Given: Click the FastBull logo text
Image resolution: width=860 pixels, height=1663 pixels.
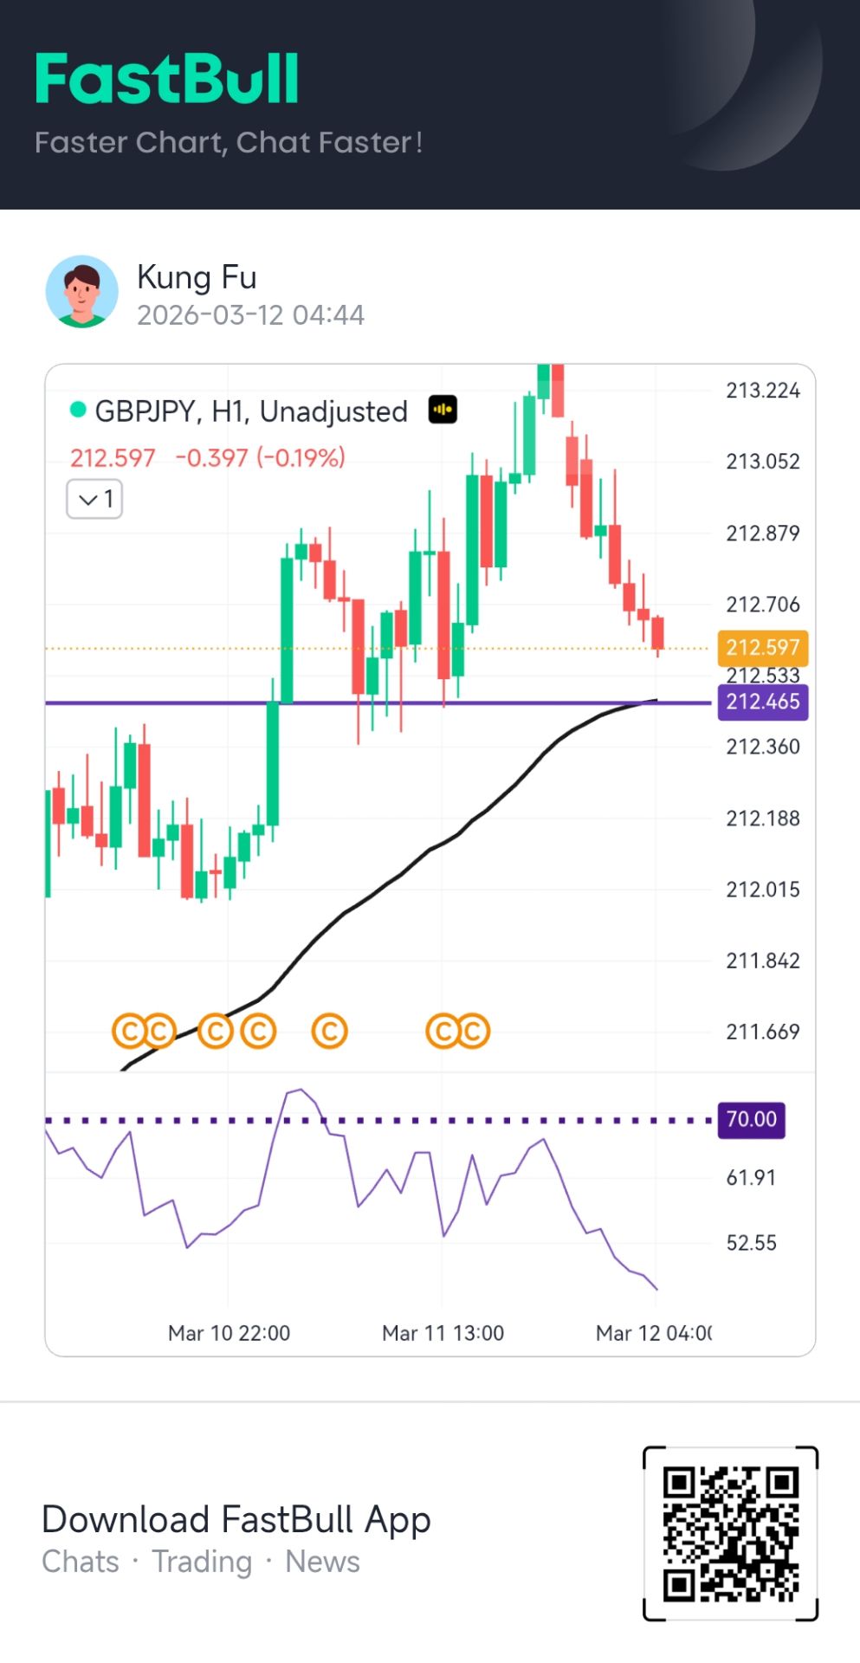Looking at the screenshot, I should tap(167, 79).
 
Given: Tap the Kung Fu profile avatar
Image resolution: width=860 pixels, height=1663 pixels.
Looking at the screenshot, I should tap(81, 291).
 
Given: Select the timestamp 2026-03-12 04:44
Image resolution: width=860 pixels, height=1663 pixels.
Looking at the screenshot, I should tap(250, 315).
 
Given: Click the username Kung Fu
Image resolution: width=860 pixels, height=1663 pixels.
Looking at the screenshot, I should tap(197, 277).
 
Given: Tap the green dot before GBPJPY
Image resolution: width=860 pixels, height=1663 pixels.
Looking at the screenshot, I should tap(78, 410).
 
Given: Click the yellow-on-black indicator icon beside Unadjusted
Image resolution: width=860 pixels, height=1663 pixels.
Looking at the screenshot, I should tap(443, 410).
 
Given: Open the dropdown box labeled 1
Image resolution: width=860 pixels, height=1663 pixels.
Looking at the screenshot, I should tap(94, 499).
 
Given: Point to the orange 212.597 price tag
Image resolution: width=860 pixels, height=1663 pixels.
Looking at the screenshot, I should tap(762, 647).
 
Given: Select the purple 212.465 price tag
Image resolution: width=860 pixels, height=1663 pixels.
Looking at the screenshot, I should tap(762, 702).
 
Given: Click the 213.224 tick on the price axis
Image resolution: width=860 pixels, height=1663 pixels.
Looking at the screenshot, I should tap(762, 391).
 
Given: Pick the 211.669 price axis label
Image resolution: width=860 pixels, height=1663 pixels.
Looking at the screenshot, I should tap(762, 1032).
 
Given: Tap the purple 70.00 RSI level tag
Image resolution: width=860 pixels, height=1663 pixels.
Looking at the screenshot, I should tap(751, 1119).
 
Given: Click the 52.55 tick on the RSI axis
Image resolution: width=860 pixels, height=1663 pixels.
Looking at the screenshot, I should tap(751, 1243).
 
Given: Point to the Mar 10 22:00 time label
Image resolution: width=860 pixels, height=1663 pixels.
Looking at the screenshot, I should tap(229, 1333).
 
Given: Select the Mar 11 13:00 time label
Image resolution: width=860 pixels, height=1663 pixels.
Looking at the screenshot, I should tap(443, 1333).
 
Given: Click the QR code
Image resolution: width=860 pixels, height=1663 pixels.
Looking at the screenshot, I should tap(730, 1533).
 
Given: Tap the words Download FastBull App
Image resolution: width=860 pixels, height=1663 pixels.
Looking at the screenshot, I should tap(236, 1519).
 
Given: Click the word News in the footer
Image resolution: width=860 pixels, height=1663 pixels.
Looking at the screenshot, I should tap(322, 1562).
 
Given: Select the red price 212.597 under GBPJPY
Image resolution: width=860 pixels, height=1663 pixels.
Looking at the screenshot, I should tap(113, 457).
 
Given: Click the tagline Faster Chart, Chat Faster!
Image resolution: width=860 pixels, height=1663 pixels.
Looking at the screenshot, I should tap(229, 142).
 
